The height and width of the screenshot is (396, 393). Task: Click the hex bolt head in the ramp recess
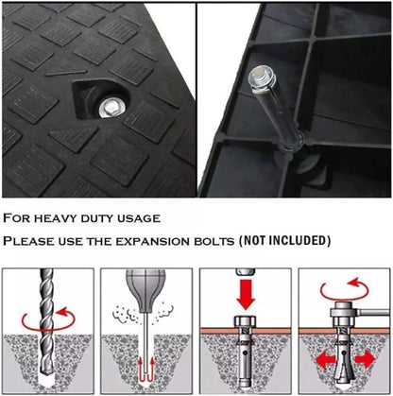tap(111, 109)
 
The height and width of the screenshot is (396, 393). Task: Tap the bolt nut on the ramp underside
tap(262, 77)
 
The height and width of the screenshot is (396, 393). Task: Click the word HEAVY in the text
tap(55, 218)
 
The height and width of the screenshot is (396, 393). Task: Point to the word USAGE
tap(139, 218)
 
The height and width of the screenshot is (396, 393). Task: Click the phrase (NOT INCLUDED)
tap(284, 241)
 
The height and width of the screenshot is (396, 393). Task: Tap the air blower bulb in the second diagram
tap(145, 284)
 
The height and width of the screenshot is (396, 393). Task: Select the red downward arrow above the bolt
tap(246, 294)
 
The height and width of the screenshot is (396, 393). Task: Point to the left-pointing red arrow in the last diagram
tap(324, 360)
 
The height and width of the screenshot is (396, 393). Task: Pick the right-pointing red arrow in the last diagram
tap(366, 359)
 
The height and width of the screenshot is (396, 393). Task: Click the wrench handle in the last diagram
tap(375, 313)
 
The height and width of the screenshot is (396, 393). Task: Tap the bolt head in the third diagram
tap(246, 321)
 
